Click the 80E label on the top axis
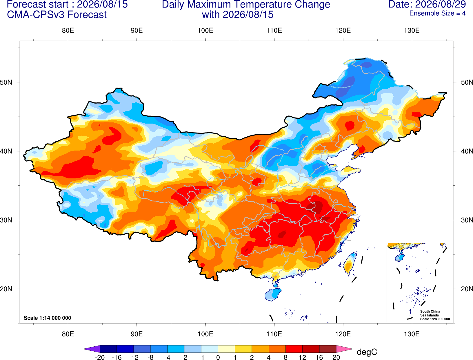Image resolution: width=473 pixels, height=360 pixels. [x=68, y=30]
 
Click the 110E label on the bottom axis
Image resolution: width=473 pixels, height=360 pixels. [x=274, y=334]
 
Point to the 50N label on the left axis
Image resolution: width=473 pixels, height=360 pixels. [x=6, y=82]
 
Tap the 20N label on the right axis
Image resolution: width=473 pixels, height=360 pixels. [x=467, y=289]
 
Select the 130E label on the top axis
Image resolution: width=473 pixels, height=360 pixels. [x=412, y=30]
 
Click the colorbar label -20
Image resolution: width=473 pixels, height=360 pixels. [x=100, y=357]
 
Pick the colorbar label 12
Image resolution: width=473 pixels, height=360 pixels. [x=302, y=357]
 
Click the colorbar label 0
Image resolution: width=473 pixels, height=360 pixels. [x=218, y=357]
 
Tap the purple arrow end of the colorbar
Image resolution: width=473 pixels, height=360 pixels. [x=92, y=349]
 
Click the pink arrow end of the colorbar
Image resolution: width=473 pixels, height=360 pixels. [x=345, y=349]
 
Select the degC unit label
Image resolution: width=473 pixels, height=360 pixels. [x=367, y=352]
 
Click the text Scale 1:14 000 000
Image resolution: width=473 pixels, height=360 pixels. [x=48, y=318]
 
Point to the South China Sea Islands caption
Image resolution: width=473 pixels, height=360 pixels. [x=435, y=315]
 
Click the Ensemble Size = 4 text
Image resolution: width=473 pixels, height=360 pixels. [x=437, y=13]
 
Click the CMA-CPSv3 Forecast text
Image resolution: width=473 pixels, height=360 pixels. [x=57, y=15]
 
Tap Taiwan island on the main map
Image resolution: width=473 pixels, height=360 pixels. [x=349, y=264]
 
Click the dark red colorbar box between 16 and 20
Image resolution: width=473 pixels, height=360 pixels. [x=328, y=349]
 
